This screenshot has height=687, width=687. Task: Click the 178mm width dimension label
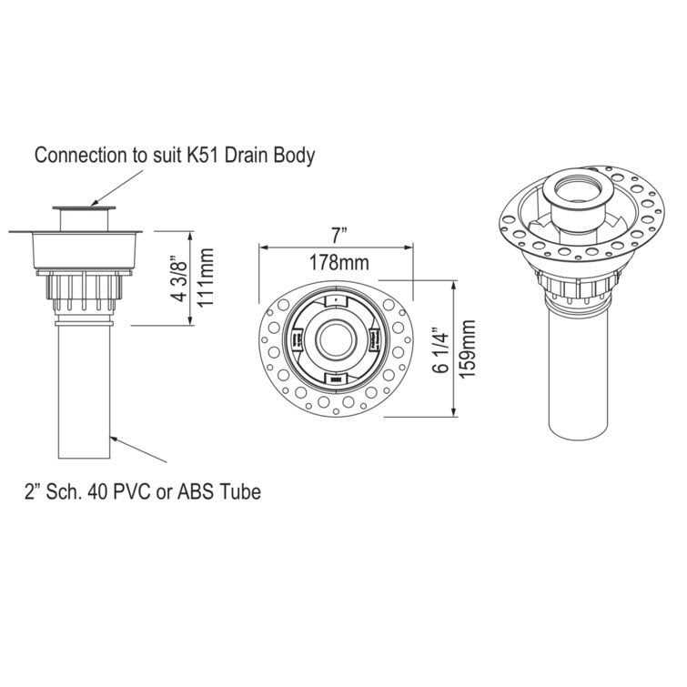[x=338, y=264]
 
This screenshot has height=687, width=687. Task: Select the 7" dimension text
[x=338, y=235]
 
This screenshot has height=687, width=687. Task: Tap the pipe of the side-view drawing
[x=84, y=391]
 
